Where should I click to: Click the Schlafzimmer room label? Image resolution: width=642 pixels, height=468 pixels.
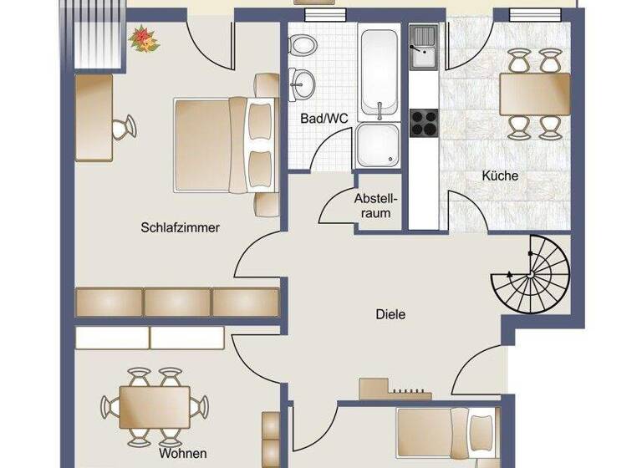click(180, 227)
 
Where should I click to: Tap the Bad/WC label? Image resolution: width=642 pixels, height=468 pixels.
click(324, 118)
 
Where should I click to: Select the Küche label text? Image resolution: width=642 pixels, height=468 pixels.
click(500, 176)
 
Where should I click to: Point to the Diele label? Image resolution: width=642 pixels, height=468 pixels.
click(390, 314)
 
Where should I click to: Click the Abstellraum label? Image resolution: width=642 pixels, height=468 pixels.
click(373, 206)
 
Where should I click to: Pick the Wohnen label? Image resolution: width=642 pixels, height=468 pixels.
click(183, 453)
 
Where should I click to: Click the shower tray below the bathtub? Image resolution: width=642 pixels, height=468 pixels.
click(379, 146)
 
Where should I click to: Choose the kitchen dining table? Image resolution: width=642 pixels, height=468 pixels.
click(534, 94)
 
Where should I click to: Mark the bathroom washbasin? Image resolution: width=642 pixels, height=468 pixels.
click(304, 83)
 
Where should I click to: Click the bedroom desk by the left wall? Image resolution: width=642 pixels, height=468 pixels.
click(94, 116)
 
